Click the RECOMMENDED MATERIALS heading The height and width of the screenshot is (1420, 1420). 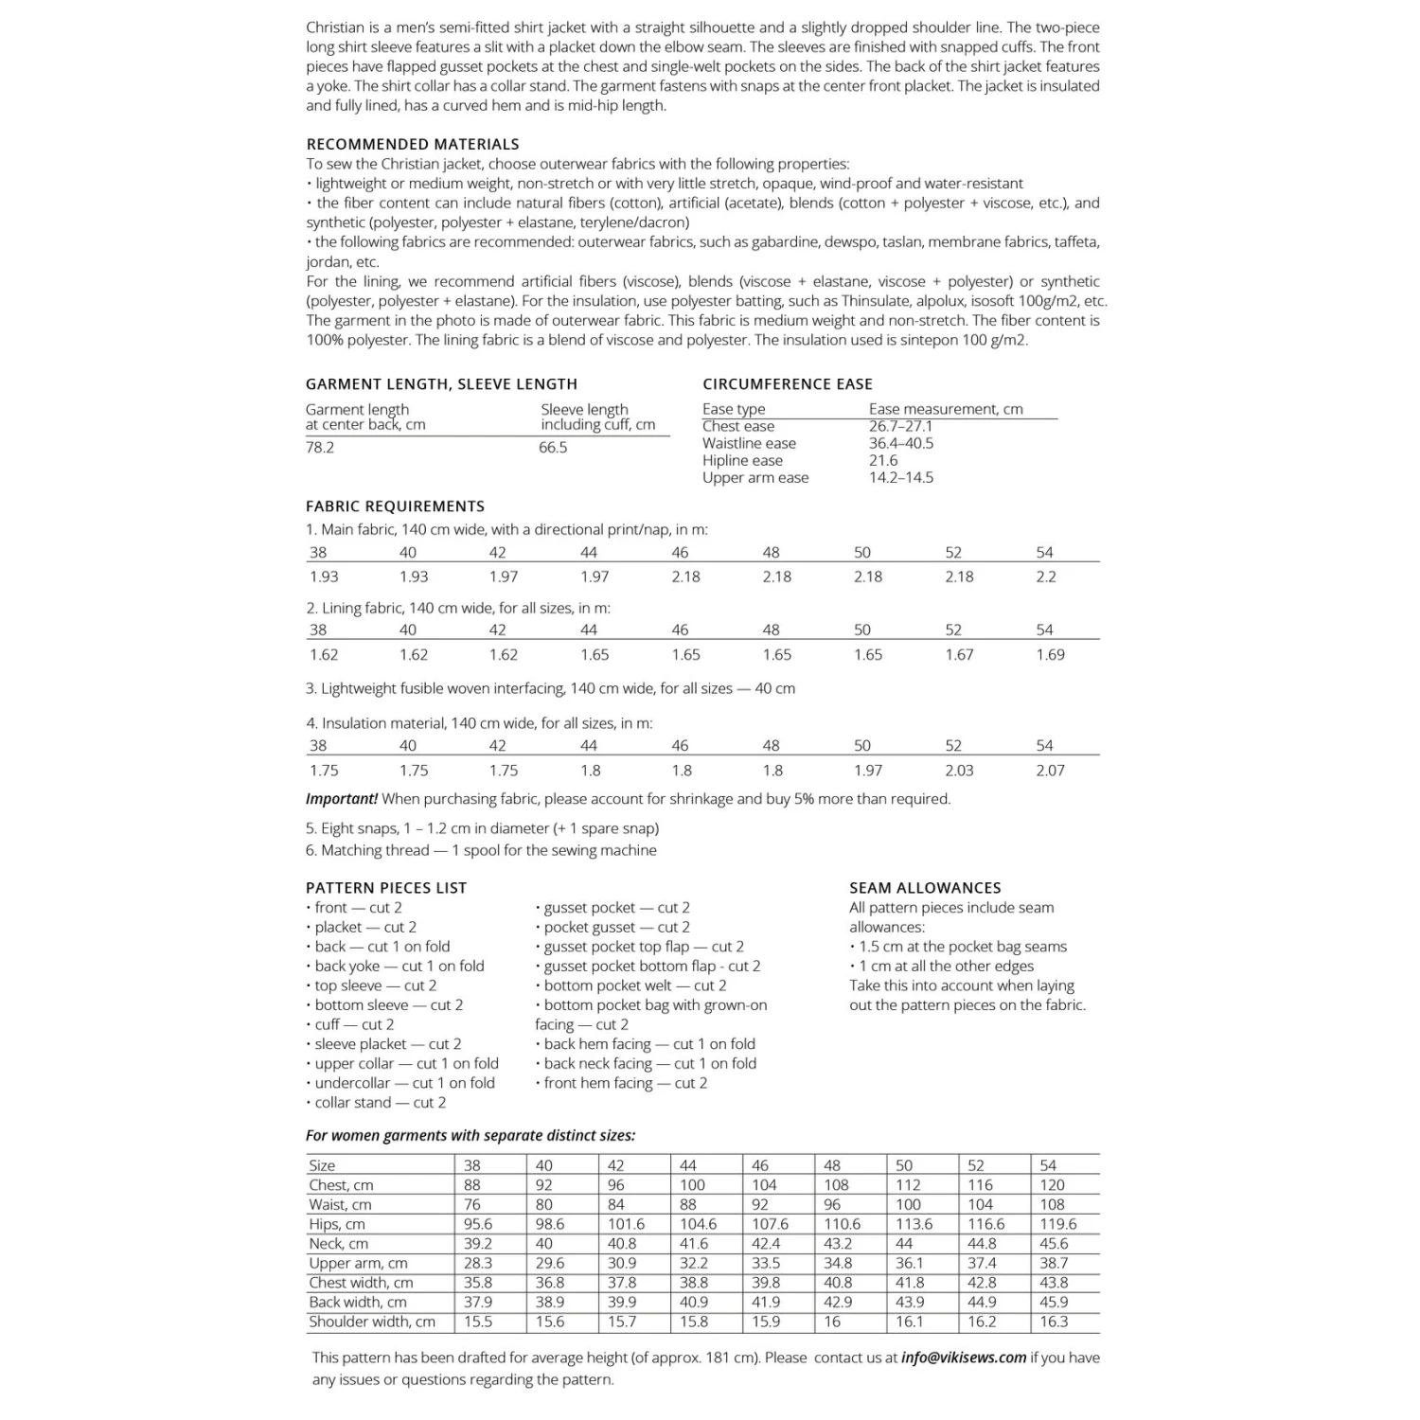(x=412, y=144)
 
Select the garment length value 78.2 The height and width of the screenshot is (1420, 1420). (x=320, y=447)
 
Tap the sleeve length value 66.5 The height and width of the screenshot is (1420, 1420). (x=553, y=447)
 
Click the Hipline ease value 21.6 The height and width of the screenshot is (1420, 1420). (x=883, y=460)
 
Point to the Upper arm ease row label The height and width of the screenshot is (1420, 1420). (x=755, y=477)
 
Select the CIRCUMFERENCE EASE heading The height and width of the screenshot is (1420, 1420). (x=788, y=383)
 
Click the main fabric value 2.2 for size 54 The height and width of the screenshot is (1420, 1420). (x=1045, y=577)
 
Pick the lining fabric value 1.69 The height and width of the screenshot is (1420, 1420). (x=1050, y=654)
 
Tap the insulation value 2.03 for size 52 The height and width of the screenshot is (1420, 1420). (x=959, y=771)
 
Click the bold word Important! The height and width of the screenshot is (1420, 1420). (x=342, y=798)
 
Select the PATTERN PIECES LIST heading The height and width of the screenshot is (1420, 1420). (x=386, y=887)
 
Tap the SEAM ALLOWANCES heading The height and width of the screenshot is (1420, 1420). (x=925, y=887)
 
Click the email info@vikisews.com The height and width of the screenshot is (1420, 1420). (x=964, y=1357)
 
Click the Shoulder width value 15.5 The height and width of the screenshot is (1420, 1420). (x=477, y=1322)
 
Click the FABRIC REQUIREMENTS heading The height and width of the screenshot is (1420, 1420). (x=395, y=506)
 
